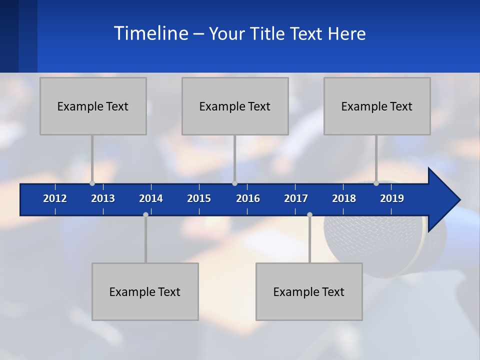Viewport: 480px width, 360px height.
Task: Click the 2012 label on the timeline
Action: pos(55,198)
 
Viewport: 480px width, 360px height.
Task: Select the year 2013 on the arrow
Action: pos(103,198)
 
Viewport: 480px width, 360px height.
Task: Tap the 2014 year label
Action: pos(151,198)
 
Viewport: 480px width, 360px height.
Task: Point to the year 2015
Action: pos(199,198)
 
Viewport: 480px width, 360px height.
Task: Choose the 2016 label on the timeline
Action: pos(248,198)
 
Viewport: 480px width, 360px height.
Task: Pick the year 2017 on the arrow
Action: pos(296,198)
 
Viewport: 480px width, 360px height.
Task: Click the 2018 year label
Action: pos(344,198)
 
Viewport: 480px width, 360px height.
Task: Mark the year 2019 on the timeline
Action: pos(392,198)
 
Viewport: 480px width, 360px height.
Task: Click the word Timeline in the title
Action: pos(150,33)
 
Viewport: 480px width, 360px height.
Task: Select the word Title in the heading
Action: pos(268,33)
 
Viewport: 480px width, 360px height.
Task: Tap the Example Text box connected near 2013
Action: pos(93,106)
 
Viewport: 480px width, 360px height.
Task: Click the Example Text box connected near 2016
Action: pos(235,106)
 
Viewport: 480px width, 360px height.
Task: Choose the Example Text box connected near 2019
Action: pos(377,106)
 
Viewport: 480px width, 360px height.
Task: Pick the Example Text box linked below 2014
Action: pos(145,291)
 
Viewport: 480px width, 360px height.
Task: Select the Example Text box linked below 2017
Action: pos(309,291)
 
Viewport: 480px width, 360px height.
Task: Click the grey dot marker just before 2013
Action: pos(92,183)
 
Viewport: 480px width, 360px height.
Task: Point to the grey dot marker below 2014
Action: pos(145,214)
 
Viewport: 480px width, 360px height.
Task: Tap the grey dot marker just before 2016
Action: pos(234,183)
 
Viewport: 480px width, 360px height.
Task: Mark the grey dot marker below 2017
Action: pos(309,214)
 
